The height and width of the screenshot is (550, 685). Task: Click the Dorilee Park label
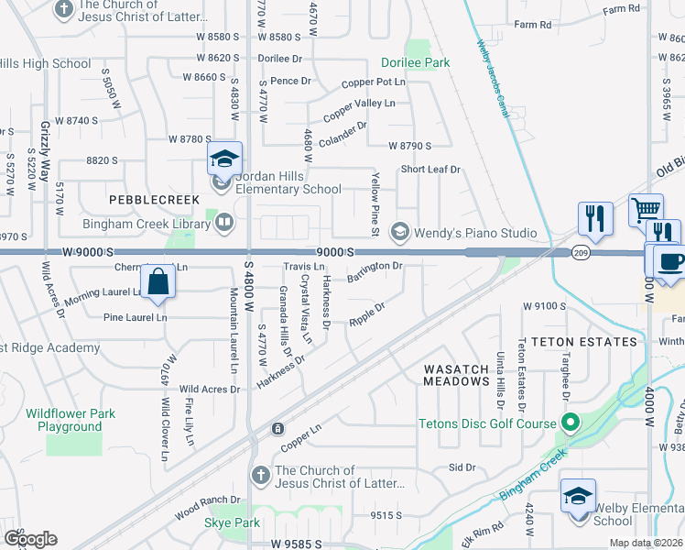pos(415,63)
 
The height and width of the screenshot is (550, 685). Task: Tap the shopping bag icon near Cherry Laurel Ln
pos(158,283)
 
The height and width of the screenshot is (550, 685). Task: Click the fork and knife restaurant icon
pos(595,219)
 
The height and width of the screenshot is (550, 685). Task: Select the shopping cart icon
pos(646,210)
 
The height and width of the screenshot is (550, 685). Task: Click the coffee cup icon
pos(669,261)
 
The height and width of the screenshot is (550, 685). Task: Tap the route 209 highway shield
pos(582,251)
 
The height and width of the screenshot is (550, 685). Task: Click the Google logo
pos(30,538)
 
